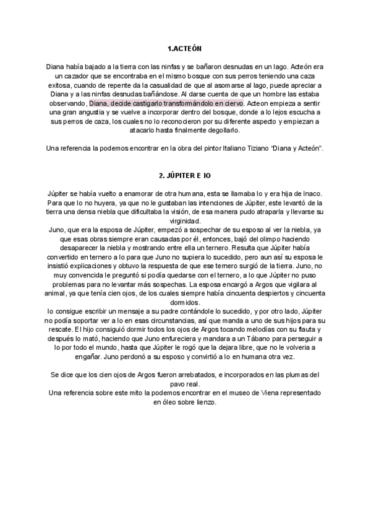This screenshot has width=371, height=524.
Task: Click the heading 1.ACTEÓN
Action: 185,48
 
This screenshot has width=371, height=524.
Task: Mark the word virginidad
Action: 185,221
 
